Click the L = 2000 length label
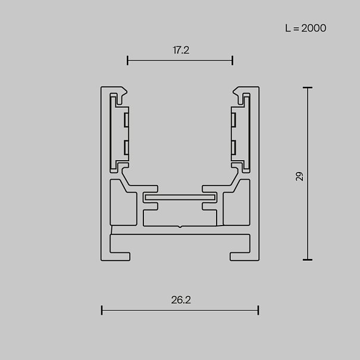click(x=305, y=28)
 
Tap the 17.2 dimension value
click(x=181, y=50)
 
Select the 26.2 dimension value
click(x=181, y=300)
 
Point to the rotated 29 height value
click(x=300, y=176)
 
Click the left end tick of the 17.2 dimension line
click(x=127, y=60)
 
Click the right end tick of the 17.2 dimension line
click(x=232, y=60)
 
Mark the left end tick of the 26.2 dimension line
click(x=102, y=310)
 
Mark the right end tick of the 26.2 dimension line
click(x=258, y=310)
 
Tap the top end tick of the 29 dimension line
click(x=308, y=87)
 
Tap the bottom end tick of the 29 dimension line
click(x=308, y=259)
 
